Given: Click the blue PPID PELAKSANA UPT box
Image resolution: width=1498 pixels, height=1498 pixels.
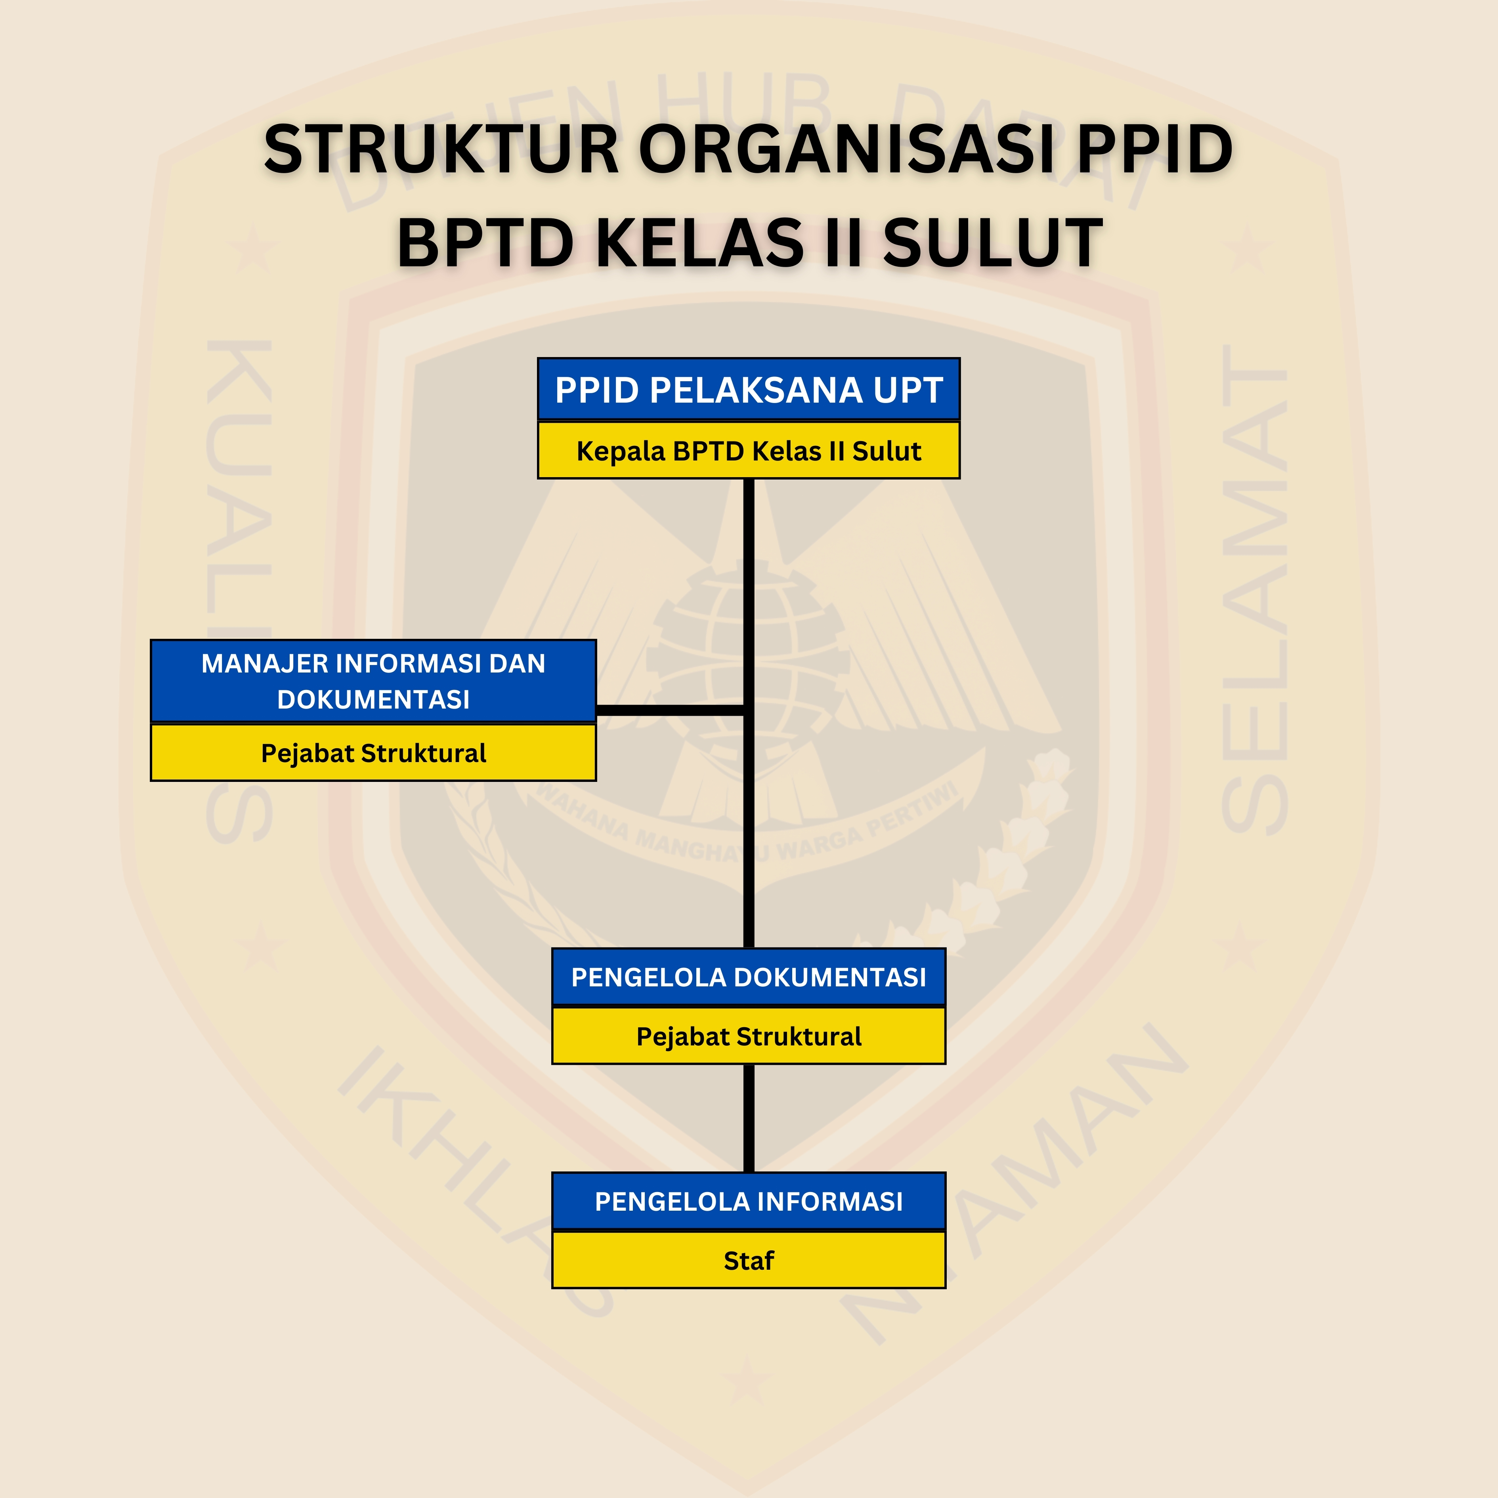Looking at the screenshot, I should [x=748, y=389].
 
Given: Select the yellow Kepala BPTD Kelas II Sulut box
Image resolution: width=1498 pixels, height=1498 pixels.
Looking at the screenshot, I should [x=748, y=451].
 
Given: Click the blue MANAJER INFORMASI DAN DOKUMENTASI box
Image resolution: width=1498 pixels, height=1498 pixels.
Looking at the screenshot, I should [x=373, y=681].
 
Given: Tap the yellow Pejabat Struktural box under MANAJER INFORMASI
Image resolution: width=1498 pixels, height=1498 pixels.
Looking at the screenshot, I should [x=373, y=753].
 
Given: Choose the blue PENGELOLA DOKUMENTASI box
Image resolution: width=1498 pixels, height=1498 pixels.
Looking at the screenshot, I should [x=748, y=977].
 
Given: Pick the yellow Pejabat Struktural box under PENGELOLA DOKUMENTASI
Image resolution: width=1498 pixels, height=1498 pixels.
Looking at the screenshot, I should [x=748, y=1036].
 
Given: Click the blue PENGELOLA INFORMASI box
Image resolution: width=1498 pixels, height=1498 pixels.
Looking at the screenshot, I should [x=748, y=1201].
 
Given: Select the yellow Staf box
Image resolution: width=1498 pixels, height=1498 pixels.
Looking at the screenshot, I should [x=748, y=1260].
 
